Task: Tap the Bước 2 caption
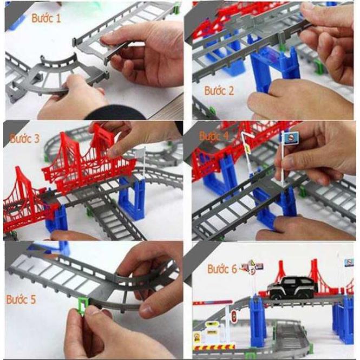pyautogui.click(x=219, y=90)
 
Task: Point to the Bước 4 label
pyautogui.click(x=214, y=135)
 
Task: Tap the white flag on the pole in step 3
pyautogui.click(x=140, y=153)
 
